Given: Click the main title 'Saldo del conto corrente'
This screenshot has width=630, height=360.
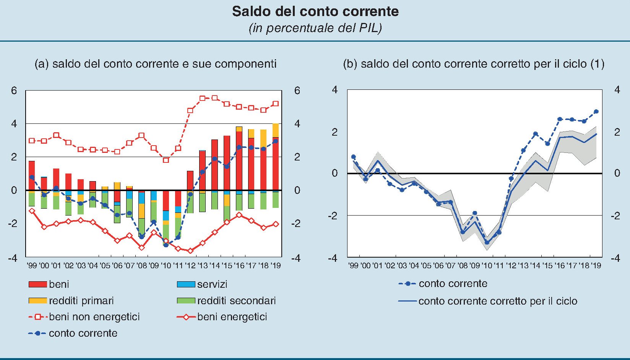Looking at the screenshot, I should (315, 11).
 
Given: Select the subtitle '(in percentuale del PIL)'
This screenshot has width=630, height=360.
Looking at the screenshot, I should (315, 28).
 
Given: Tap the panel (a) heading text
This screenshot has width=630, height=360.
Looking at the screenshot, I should (155, 63).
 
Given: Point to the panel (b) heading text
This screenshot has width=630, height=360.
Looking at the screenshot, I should (473, 63).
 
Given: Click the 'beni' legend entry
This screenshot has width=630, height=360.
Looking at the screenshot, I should (59, 284).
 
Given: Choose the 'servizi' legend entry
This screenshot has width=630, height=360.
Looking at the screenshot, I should (212, 284).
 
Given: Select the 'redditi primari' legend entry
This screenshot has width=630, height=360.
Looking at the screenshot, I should (81, 301).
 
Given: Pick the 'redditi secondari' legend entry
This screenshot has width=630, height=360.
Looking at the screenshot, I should (236, 301).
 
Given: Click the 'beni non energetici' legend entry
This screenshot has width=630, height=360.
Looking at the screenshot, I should (94, 317).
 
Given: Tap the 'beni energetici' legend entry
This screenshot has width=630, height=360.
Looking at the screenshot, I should (232, 317).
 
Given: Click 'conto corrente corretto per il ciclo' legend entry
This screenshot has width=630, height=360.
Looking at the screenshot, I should (497, 301).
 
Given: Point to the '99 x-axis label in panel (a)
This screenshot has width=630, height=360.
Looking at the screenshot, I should (32, 266).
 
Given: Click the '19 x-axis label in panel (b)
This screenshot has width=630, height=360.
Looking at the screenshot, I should (596, 266).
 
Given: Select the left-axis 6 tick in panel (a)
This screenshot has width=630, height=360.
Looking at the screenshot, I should (14, 91).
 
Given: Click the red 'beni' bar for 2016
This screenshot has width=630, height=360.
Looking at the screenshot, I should (239, 161).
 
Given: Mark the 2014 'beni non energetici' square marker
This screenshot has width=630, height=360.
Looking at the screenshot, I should (214, 98).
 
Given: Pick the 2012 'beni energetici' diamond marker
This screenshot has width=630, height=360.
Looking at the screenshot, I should (190, 251).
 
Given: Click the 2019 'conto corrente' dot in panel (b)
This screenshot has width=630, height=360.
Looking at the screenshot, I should (596, 112).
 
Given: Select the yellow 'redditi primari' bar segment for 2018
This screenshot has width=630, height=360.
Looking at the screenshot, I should (263, 139).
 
